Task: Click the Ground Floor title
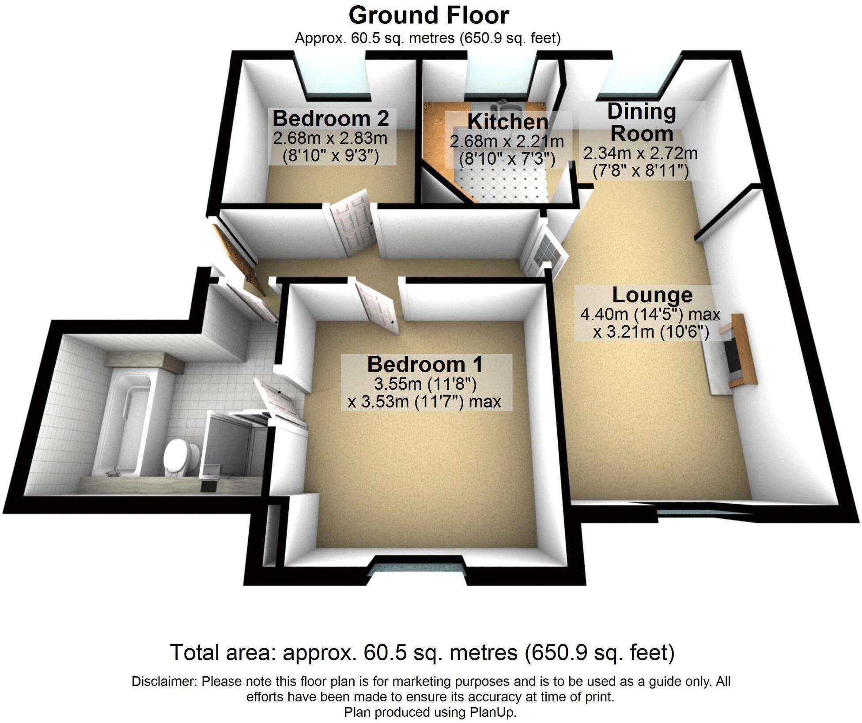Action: (428, 16)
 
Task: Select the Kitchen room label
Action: (507, 122)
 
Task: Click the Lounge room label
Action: (652, 295)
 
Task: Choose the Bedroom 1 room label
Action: (425, 365)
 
